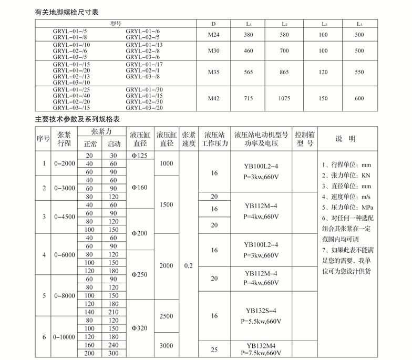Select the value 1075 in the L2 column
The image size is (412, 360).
coord(284,98)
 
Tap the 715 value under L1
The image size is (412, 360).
coord(249,98)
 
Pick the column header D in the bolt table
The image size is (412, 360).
coord(213,24)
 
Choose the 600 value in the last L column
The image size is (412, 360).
coord(359,98)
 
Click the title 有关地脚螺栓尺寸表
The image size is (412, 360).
coord(67,11)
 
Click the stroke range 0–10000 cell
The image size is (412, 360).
coord(65,336)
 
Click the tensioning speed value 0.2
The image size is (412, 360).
coord(189,266)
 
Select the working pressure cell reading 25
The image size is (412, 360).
coord(214,349)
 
